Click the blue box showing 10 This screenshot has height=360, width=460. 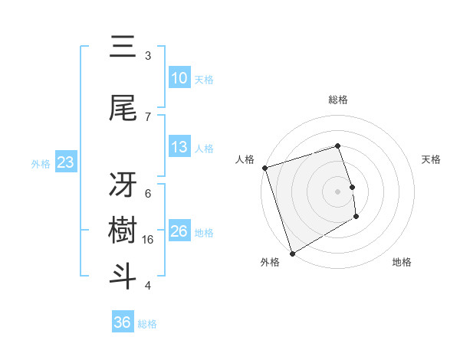(179, 78)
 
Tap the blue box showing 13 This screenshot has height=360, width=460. (179, 147)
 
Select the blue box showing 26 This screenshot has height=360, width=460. (179, 231)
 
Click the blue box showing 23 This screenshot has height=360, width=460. (65, 162)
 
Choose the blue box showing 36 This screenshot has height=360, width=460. (123, 322)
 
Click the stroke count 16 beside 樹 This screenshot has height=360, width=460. (149, 240)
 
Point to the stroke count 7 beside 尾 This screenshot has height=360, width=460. (148, 116)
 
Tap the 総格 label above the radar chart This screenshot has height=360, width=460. (338, 100)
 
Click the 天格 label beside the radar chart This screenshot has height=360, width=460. (432, 159)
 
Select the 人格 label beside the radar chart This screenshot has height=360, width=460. (245, 159)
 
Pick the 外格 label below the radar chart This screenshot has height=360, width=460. (269, 262)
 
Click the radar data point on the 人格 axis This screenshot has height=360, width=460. (264, 168)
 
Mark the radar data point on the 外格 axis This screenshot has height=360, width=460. (291, 253)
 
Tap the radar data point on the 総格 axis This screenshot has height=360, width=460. (338, 146)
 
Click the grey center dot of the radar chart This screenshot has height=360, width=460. (338, 191)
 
